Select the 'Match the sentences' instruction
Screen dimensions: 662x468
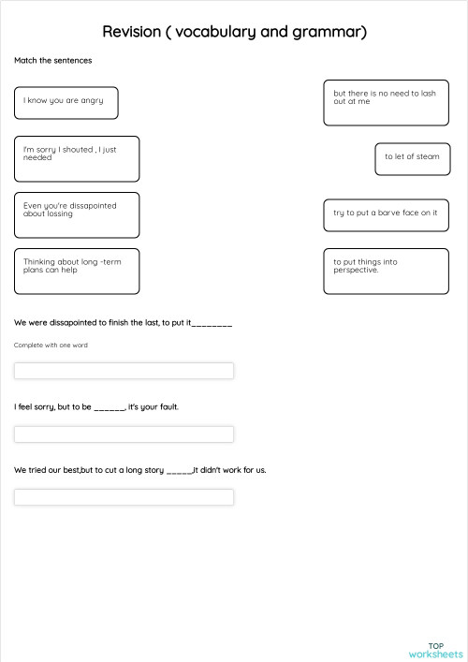(x=52, y=60)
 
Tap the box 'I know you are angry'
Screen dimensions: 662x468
(x=66, y=102)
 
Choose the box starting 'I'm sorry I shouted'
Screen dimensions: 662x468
(x=77, y=158)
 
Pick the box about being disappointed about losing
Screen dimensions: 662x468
(x=77, y=214)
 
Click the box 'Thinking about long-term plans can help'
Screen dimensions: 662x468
(x=77, y=271)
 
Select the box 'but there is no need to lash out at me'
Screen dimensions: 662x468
(x=387, y=102)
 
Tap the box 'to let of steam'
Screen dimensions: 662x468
(x=412, y=157)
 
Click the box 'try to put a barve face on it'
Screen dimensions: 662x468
(x=387, y=214)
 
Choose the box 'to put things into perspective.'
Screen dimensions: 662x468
(x=387, y=271)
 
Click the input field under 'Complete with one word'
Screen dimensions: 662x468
(x=124, y=371)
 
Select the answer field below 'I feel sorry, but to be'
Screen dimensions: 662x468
(x=124, y=434)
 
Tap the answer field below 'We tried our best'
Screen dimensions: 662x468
(x=124, y=497)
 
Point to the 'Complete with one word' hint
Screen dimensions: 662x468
(x=51, y=346)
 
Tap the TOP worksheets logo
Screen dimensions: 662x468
(x=435, y=650)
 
